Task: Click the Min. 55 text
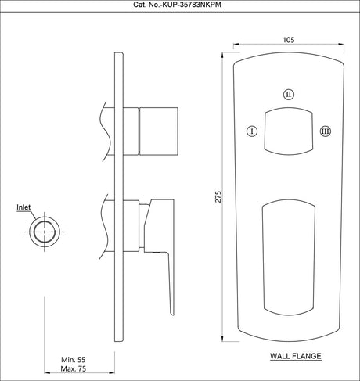tap(75, 360)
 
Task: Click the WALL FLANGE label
tap(296, 355)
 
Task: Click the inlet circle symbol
tap(44, 232)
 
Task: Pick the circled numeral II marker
tap(289, 94)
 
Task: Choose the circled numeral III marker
tap(326, 131)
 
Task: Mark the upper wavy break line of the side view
tap(103, 124)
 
